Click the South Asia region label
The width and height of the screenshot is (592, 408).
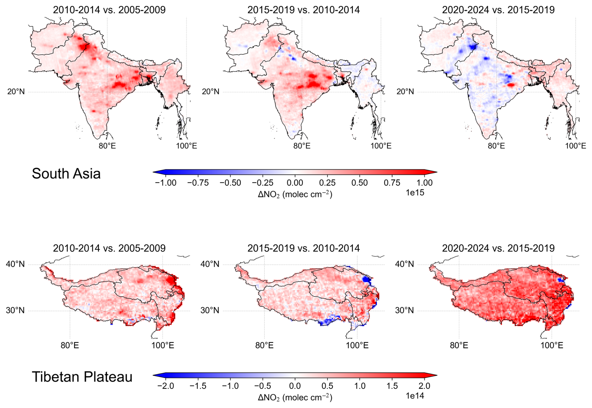point(66,174)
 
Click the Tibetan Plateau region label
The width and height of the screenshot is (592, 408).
point(82,377)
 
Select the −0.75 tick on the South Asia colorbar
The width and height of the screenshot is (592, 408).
point(198,183)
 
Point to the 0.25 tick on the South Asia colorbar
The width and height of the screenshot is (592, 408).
point(327,183)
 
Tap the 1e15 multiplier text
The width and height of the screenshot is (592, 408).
point(415,193)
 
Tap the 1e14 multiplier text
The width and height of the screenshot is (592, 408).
point(415,396)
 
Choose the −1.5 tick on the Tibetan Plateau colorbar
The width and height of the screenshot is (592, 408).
point(198,386)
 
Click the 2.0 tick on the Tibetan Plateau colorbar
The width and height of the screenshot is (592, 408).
point(424,386)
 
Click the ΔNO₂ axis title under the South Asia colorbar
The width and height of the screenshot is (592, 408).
point(295,194)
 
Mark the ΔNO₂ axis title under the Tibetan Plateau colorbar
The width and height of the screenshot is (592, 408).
point(295,398)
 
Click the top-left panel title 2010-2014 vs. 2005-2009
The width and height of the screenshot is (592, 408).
point(109,10)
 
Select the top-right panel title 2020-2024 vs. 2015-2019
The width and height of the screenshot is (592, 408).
point(498,10)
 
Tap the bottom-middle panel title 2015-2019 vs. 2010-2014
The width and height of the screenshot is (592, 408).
point(304,248)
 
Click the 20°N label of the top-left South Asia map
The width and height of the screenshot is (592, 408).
point(16,92)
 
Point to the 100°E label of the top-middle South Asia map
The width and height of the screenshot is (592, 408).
point(381,146)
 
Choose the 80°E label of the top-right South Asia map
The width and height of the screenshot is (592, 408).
point(496,146)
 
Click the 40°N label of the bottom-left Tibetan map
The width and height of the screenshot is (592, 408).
point(15,264)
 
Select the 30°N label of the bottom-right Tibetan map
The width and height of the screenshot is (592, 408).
point(404,310)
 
